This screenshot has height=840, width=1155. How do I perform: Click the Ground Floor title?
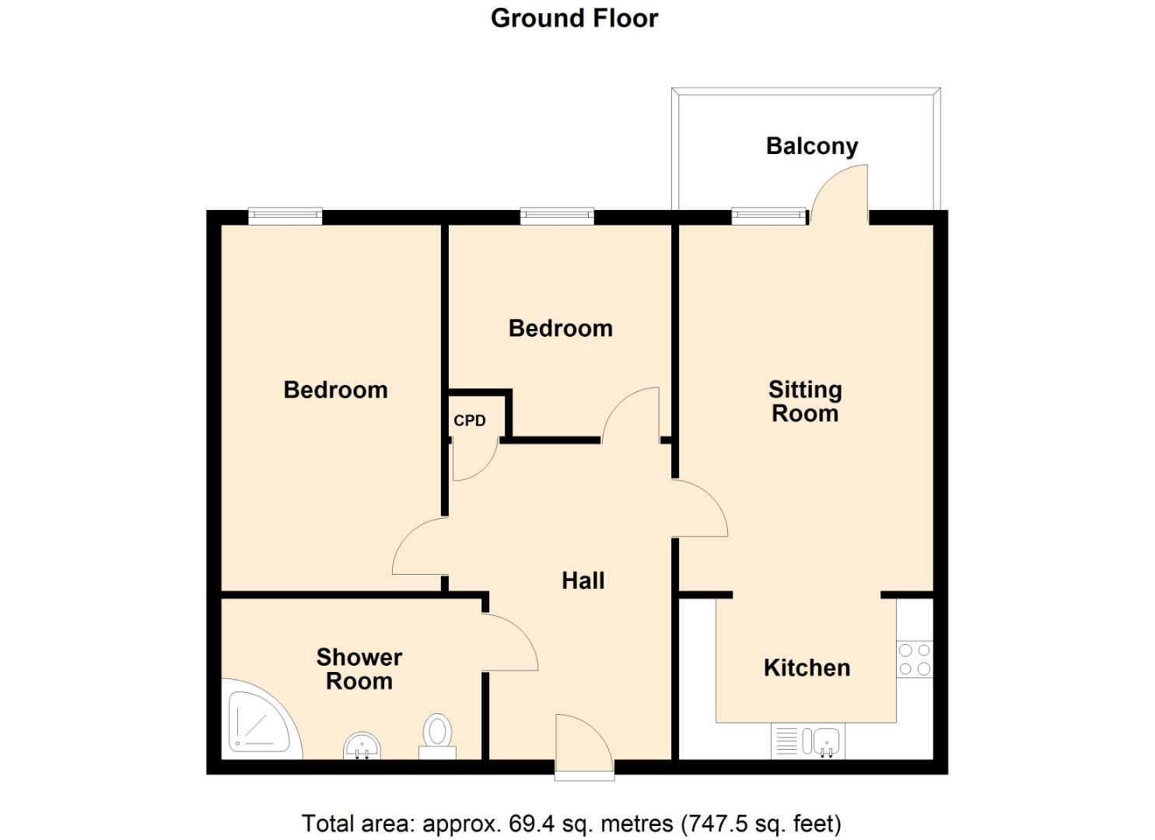(x=574, y=18)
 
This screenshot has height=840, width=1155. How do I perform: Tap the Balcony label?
(x=811, y=145)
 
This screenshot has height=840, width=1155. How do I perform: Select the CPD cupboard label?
(x=469, y=421)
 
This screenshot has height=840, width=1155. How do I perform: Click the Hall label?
(x=583, y=580)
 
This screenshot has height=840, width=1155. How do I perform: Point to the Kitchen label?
(x=807, y=667)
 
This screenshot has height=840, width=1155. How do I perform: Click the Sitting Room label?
(x=805, y=401)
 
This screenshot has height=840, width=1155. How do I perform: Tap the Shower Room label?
(x=359, y=669)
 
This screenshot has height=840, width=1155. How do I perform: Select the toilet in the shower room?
(x=437, y=735)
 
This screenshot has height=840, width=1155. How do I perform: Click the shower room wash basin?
(x=362, y=745)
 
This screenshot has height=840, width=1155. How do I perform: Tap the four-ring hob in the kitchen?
(x=914, y=659)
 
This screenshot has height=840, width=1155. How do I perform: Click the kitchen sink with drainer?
(x=807, y=741)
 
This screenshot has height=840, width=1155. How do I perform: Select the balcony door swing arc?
(x=840, y=194)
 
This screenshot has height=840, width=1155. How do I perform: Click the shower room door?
(x=509, y=642)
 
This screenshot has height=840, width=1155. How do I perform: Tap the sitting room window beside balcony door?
(x=768, y=216)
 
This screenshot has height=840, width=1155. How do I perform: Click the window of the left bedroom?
(x=285, y=216)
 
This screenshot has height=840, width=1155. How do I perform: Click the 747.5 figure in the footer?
(x=716, y=823)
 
